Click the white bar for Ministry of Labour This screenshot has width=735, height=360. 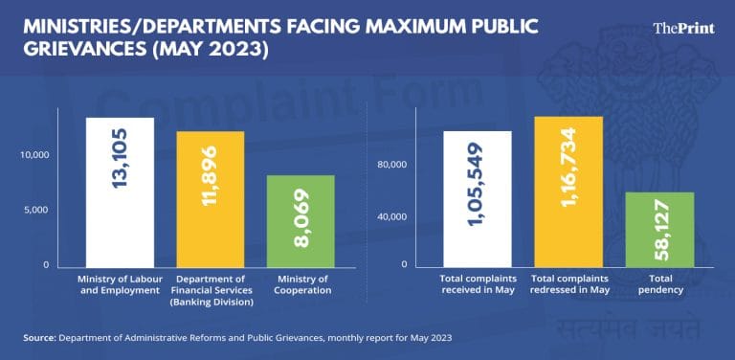tap(120, 191)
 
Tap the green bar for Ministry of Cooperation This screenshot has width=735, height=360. tap(301, 220)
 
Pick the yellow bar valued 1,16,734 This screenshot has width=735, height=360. tap(568, 191)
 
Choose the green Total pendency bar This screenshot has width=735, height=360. tap(659, 229)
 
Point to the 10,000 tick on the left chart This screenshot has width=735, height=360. tap(33, 155)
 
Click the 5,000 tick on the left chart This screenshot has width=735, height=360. tap(36, 210)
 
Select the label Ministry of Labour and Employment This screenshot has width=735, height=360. tap(120, 284)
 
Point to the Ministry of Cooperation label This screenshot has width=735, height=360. tap(301, 284)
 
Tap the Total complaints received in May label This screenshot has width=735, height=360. tap(478, 284)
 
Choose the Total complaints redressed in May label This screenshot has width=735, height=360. tap(568, 284)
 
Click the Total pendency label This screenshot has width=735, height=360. tap(659, 284)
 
